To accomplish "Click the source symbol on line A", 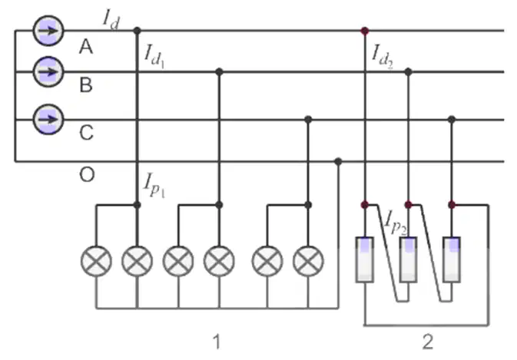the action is [x=48, y=31].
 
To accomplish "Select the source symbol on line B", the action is [x=48, y=72].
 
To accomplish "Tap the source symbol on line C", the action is [x=48, y=119].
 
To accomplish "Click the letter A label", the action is [x=86, y=47].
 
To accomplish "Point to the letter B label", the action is [x=86, y=85].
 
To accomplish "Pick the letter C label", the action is [x=86, y=133].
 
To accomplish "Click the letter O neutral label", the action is [x=87, y=174].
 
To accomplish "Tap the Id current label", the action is [x=111, y=20].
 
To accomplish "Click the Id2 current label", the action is [x=383, y=57].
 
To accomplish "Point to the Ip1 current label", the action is [x=154, y=185].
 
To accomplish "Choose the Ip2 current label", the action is [x=396, y=223].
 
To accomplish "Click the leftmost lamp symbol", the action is [x=96, y=261].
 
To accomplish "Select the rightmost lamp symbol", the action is [x=308, y=261].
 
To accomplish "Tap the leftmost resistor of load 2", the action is [x=365, y=259].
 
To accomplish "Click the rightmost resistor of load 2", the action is [x=452, y=259].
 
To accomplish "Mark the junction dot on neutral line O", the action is [x=338, y=161].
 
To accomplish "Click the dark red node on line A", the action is [x=365, y=31].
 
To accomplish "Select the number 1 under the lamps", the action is [x=217, y=342].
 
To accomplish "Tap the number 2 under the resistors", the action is [x=428, y=342].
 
